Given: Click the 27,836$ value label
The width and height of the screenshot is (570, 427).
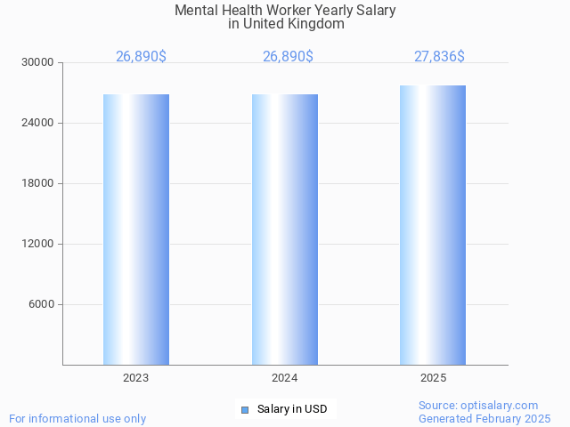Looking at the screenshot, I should pyautogui.click(x=439, y=57).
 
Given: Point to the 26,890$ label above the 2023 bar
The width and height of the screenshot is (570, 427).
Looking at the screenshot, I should pyautogui.click(x=141, y=57).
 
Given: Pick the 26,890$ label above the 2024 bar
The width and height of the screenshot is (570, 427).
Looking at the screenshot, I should pyautogui.click(x=288, y=57).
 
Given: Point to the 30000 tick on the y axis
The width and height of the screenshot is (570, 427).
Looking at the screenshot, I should pyautogui.click(x=38, y=63).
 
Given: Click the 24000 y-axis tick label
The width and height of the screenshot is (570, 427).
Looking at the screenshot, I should pyautogui.click(x=38, y=124).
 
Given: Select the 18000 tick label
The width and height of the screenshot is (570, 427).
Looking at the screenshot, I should pyautogui.click(x=38, y=184).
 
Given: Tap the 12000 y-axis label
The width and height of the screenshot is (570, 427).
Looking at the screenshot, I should pyautogui.click(x=38, y=245).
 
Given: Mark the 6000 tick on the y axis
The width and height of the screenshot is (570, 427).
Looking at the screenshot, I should pyautogui.click(x=41, y=305).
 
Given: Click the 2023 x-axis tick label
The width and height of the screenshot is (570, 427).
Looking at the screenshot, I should pyautogui.click(x=136, y=378).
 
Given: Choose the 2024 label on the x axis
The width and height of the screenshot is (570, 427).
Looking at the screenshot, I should pyautogui.click(x=285, y=378).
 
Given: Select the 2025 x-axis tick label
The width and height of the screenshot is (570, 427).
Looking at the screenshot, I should pyautogui.click(x=433, y=378).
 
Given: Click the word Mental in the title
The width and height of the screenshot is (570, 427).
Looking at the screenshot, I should pyautogui.click(x=194, y=11).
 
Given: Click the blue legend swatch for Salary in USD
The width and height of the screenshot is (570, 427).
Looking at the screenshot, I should pyautogui.click(x=245, y=409).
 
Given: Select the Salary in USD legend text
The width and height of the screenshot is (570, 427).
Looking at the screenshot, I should pyautogui.click(x=292, y=409).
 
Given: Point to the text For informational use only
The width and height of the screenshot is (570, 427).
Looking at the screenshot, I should pyautogui.click(x=77, y=418).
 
